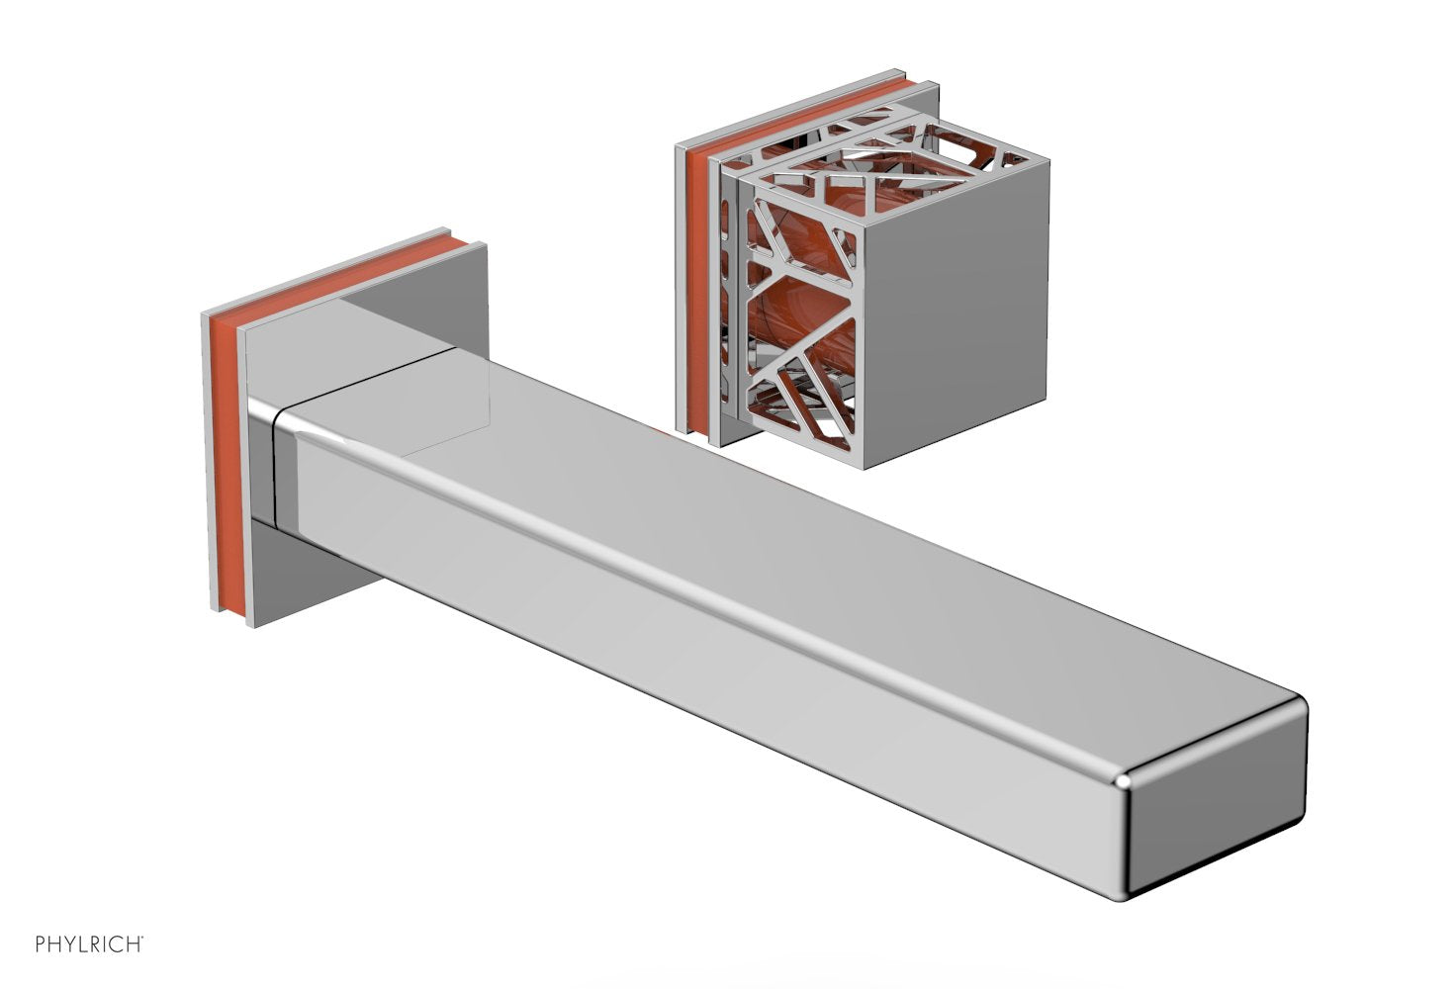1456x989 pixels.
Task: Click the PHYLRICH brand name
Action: pyautogui.click(x=89, y=944)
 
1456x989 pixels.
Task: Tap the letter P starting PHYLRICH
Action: pyautogui.click(x=41, y=944)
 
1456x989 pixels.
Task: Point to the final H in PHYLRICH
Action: pyautogui.click(x=135, y=944)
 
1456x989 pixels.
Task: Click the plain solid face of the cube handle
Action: pyautogui.click(x=955, y=312)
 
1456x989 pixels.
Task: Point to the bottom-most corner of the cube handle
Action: pyautogui.click(x=864, y=469)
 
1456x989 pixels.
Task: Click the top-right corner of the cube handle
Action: pyautogui.click(x=1047, y=158)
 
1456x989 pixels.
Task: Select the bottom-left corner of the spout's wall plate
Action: pyautogui.click(x=248, y=627)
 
